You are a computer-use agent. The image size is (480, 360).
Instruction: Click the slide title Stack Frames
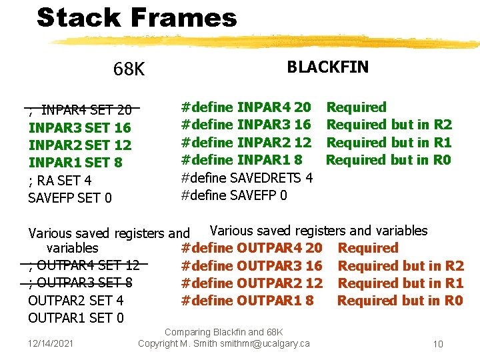click(x=137, y=18)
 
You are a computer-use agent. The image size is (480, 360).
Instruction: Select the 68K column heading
click(x=129, y=69)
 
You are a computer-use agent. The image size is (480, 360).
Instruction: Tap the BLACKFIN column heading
click(x=327, y=67)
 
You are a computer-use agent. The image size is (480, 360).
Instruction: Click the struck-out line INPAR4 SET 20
click(x=80, y=110)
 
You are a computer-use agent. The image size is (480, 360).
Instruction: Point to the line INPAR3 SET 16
click(x=79, y=127)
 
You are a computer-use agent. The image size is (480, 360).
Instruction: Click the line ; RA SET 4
click(x=60, y=180)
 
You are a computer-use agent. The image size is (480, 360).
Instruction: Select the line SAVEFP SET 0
click(x=70, y=197)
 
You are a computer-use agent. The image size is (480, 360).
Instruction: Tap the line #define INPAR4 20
click(x=246, y=107)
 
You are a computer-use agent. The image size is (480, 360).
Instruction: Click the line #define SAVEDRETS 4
click(x=247, y=177)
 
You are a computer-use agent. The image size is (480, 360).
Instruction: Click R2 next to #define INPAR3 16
click(x=443, y=125)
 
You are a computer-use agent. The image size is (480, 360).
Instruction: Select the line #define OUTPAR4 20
click(x=251, y=248)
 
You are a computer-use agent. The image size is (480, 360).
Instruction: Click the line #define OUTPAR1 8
click(x=247, y=300)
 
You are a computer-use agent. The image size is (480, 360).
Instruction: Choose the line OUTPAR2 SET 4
click(x=75, y=300)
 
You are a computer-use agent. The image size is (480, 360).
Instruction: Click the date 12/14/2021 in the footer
click(x=51, y=343)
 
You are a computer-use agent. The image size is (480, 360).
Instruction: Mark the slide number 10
click(x=438, y=344)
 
